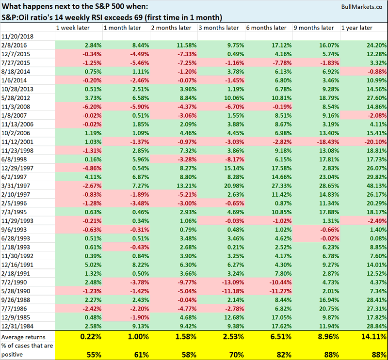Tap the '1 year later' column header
pos(357,27)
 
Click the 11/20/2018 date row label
pos(17,36)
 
